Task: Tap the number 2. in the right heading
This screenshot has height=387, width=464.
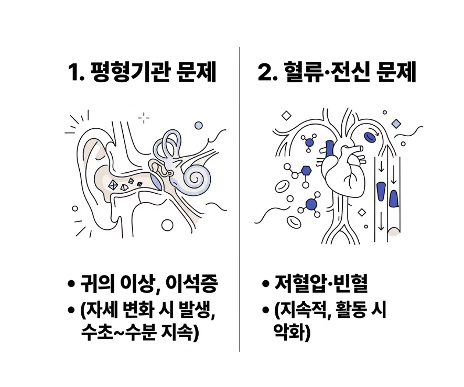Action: pyautogui.click(x=267, y=73)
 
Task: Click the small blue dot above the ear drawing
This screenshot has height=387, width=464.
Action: pyautogui.click(x=198, y=126)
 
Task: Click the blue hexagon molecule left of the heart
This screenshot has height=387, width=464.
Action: pyautogui.click(x=306, y=170)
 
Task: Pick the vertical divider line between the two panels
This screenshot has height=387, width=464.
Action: pyautogui.click(x=240, y=199)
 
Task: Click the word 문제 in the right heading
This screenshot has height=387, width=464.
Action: pyautogui.click(x=396, y=73)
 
